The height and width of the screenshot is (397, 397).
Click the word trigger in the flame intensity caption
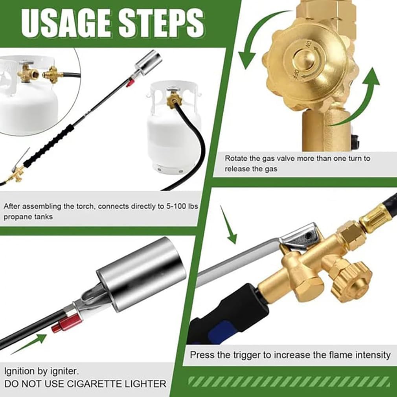(245, 355)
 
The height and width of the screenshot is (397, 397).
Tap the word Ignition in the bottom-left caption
(19, 370)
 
